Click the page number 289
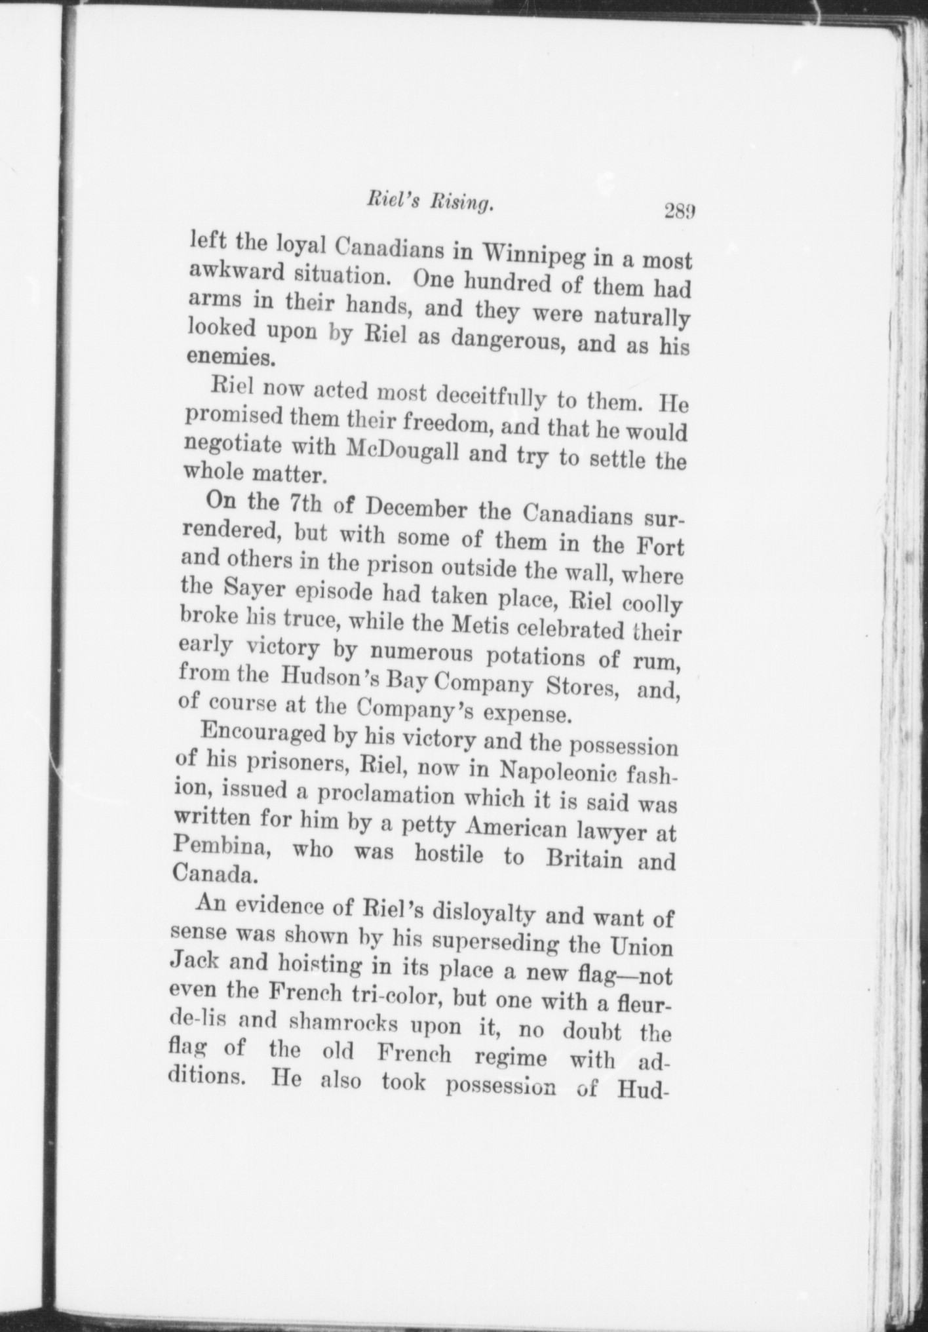pos(678,212)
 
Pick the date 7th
pos(307,505)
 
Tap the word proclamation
pos(386,796)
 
